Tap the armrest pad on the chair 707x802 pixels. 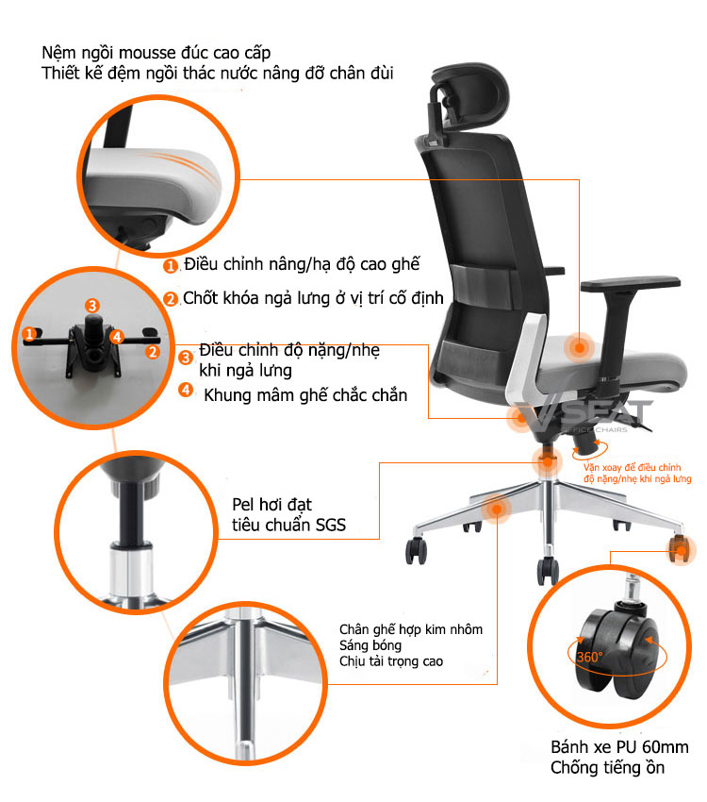tap(631, 284)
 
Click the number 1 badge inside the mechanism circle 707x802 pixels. tap(29, 334)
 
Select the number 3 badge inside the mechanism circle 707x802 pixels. tap(92, 306)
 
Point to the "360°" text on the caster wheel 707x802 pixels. tap(589, 658)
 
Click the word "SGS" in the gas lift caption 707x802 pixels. tap(331, 525)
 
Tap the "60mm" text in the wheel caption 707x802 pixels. tap(666, 747)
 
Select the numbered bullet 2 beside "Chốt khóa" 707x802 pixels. tap(171, 299)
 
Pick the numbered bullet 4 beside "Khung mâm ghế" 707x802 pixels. tap(186, 390)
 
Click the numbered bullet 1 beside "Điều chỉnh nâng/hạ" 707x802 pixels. tap(171, 266)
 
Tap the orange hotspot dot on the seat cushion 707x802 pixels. tap(580, 348)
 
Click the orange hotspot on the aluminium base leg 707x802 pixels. tap(496, 509)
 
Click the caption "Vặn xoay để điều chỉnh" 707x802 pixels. tap(632, 467)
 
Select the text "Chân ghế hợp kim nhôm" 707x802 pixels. tap(411, 629)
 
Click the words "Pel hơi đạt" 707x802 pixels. tap(271, 505)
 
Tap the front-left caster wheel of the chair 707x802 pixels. tap(417, 550)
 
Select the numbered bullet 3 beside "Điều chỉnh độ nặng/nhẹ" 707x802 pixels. tap(186, 357)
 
